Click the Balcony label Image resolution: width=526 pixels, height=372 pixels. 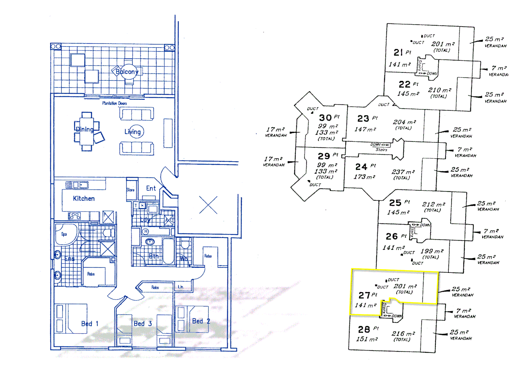click(x=127, y=72)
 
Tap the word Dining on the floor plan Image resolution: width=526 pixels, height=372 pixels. click(x=85, y=130)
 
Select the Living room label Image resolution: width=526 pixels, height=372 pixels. click(x=133, y=132)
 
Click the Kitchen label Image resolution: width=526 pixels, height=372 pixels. click(x=84, y=198)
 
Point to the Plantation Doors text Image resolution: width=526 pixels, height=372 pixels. click(x=114, y=103)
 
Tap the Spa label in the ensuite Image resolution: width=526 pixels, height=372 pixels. click(x=64, y=234)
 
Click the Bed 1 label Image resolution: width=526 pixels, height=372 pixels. click(x=90, y=324)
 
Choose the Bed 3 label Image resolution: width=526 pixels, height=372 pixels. click(x=143, y=324)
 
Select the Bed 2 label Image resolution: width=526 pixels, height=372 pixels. click(x=201, y=321)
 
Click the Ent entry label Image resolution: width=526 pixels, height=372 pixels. click(x=151, y=188)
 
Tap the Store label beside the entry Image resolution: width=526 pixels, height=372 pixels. click(x=130, y=190)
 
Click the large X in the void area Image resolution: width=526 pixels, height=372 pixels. click(x=208, y=205)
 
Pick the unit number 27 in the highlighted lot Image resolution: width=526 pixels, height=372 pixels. click(x=364, y=296)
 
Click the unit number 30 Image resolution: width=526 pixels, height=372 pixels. click(x=325, y=118)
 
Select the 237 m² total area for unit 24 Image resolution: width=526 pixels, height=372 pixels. click(x=403, y=172)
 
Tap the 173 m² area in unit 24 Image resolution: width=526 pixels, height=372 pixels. click(x=364, y=177)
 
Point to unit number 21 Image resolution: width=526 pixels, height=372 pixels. click(x=398, y=52)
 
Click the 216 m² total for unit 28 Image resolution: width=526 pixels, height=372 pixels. click(x=403, y=333)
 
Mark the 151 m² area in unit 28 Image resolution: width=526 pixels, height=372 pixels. click(x=367, y=339)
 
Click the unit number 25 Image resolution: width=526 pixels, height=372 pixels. click(x=395, y=203)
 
